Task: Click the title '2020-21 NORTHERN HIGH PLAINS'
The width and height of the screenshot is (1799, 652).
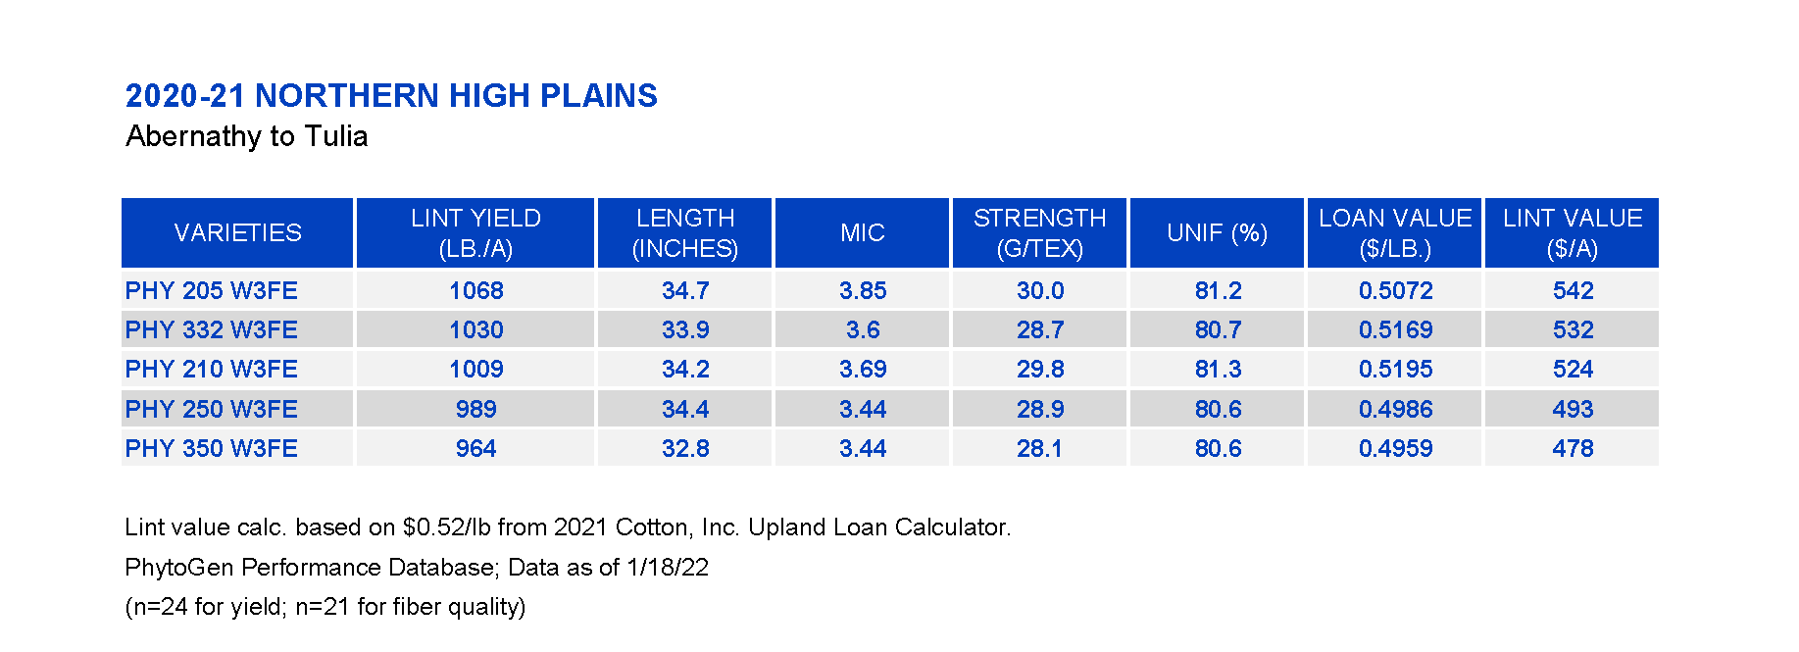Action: click(x=391, y=95)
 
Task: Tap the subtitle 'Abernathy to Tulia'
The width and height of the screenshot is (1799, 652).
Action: click(x=247, y=136)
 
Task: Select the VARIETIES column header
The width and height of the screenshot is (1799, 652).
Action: click(x=237, y=232)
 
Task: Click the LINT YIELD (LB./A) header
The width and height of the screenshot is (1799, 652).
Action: click(x=475, y=232)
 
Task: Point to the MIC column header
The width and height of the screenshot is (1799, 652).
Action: click(x=862, y=232)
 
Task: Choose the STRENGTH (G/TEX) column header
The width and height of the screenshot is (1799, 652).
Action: click(x=1039, y=232)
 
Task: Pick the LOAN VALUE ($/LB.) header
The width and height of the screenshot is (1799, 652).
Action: click(x=1395, y=232)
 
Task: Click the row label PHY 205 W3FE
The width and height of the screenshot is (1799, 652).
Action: click(x=212, y=290)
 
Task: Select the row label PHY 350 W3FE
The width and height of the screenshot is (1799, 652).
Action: click(x=212, y=448)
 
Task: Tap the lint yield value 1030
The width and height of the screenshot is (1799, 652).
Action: click(x=475, y=329)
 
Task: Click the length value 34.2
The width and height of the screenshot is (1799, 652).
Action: click(x=685, y=369)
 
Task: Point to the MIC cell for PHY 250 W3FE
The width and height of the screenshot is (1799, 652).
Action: click(x=863, y=409)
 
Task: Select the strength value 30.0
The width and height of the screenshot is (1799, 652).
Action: click(x=1040, y=290)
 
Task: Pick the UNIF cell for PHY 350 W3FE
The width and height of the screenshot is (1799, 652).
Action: click(x=1218, y=448)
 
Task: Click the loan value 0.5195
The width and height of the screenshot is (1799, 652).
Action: click(x=1395, y=369)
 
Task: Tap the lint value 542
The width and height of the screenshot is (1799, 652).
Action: click(x=1573, y=290)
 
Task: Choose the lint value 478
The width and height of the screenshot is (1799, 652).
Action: click(x=1573, y=448)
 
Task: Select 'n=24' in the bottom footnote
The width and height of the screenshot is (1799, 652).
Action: click(x=160, y=607)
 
